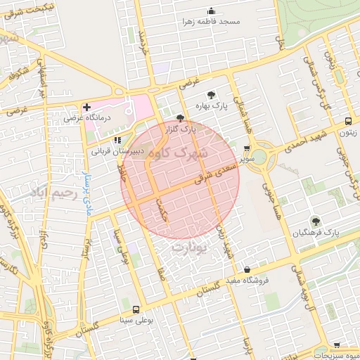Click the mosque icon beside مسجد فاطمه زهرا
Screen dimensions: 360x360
click(210, 11)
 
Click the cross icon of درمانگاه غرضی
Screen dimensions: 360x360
click(86, 108)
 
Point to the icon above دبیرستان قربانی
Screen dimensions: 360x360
click(117, 139)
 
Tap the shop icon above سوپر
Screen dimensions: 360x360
click(246, 148)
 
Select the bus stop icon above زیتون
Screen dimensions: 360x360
click(347, 120)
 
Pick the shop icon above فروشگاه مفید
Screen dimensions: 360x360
click(247, 269)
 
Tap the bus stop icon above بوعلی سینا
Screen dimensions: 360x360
click(135, 309)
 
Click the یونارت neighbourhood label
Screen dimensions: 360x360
click(190, 247)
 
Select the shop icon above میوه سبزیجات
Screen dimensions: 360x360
click(336, 345)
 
